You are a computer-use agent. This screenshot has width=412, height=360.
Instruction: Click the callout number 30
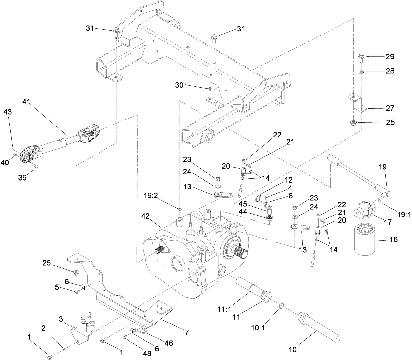click(179, 85)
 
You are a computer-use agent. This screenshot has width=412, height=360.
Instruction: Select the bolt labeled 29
click(361, 56)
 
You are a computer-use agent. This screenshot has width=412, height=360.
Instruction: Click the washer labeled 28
click(361, 72)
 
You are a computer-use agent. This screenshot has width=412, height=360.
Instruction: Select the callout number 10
click(293, 350)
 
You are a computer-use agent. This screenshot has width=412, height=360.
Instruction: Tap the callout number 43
click(8, 112)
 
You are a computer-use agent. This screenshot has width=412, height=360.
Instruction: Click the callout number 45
click(243, 204)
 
